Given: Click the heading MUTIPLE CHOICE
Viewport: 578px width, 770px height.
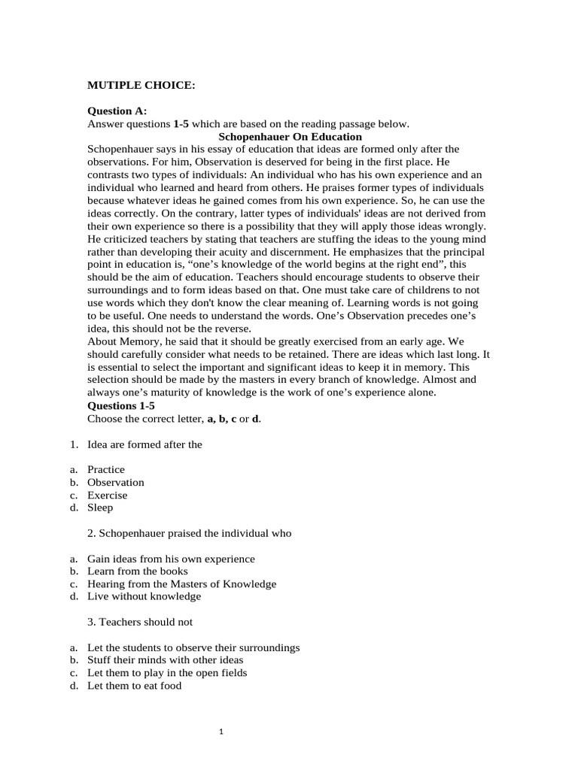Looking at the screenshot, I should coord(141,86).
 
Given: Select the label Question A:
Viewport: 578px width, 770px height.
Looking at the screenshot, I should coord(117,111).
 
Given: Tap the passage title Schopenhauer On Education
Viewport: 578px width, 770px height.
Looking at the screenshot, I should coord(290,137).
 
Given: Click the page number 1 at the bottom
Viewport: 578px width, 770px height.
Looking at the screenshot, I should coord(222,730).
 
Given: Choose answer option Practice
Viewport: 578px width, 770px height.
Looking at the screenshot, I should coord(106,469).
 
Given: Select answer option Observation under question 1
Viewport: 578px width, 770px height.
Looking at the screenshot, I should coord(115,482).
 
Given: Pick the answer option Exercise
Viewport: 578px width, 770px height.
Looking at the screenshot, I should coord(108,495).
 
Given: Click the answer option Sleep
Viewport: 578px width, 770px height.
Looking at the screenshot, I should coord(100,508).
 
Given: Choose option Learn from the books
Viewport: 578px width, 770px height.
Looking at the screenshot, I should coord(138,571).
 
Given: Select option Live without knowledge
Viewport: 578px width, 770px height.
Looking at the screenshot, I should coord(144,596).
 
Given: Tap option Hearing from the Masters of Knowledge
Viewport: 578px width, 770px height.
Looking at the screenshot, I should coord(181,584).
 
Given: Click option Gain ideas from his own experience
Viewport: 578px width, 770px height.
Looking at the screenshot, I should coord(171,559).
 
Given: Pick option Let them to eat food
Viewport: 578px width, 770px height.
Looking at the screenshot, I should coord(134,686).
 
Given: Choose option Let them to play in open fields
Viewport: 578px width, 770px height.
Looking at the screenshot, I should coord(167,673).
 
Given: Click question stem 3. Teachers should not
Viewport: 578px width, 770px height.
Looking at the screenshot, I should coord(140,622).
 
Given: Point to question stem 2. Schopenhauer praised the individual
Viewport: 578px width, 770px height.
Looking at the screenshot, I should coord(189,533).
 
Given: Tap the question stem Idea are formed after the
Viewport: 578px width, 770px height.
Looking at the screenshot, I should coord(144,444).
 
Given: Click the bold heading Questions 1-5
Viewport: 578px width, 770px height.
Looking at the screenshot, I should coord(121,406).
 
